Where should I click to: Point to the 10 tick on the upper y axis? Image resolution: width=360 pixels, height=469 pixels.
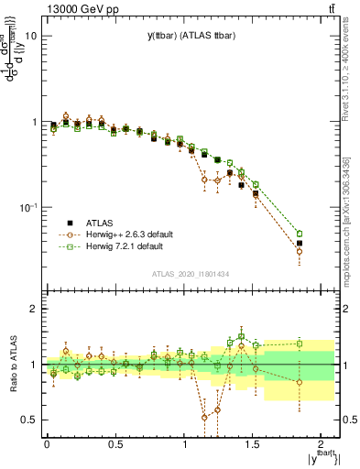click(29, 37)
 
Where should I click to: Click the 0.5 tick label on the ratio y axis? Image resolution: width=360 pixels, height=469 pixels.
click(27, 420)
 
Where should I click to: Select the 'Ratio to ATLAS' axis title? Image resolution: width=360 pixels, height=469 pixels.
click(11, 364)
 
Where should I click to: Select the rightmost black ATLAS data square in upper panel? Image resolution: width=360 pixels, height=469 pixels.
click(325, 244)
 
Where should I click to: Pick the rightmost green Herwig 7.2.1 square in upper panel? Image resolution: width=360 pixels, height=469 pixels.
click(325, 234)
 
